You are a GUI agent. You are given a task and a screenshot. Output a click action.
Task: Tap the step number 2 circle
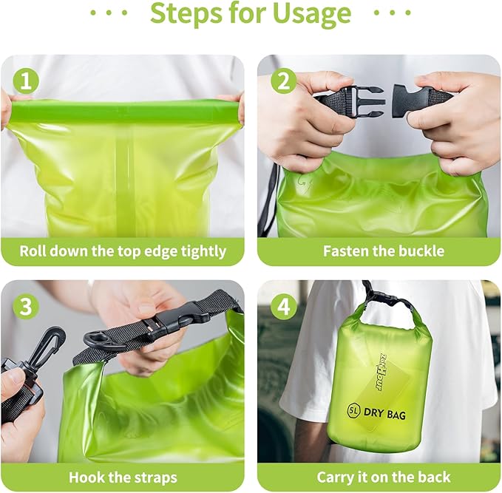click(283, 79)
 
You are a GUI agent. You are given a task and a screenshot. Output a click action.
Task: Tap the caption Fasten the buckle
click(384, 251)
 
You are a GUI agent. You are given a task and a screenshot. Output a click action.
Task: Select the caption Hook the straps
click(123, 477)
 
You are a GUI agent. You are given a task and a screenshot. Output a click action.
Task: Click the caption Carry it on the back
click(384, 477)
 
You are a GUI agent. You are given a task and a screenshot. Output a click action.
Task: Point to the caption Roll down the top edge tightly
click(123, 251)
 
